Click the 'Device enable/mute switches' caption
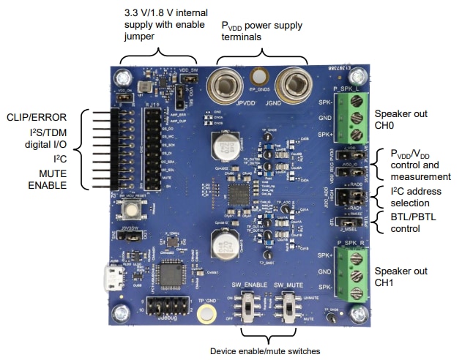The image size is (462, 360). coord(266,351)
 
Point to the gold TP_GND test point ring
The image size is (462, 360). coord(206,313)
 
